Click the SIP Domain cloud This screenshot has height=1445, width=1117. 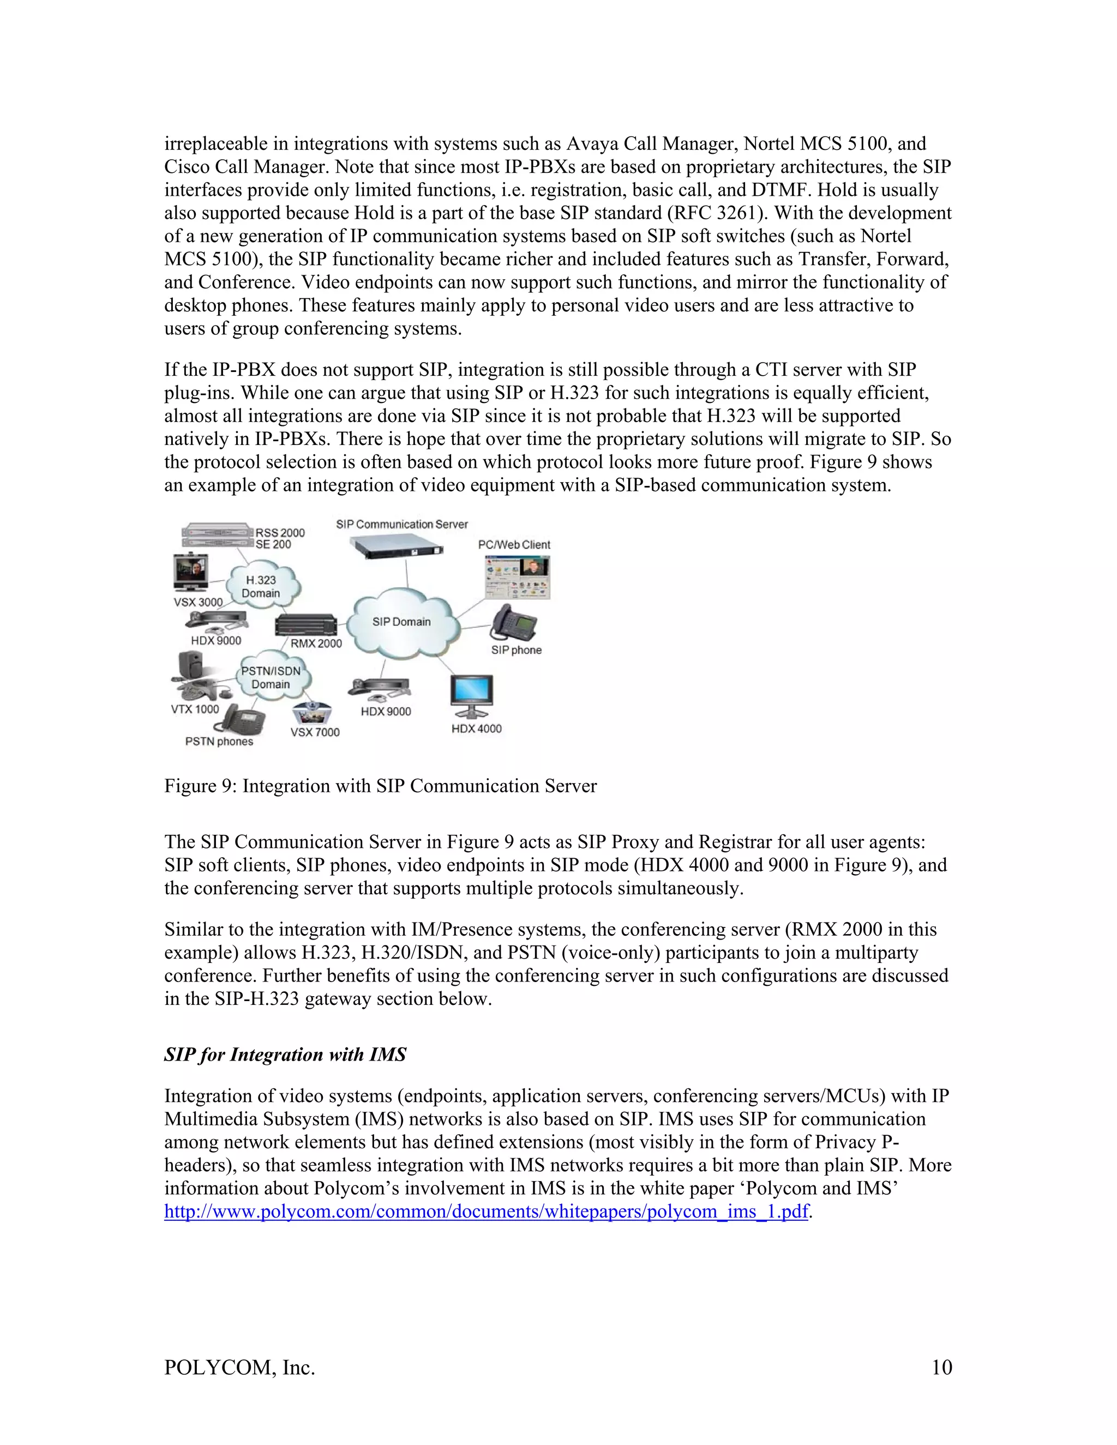[x=401, y=622]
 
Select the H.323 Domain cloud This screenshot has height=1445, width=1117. [x=261, y=586]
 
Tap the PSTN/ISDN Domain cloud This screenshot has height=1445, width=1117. [x=271, y=677]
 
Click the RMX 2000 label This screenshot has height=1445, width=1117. [x=316, y=643]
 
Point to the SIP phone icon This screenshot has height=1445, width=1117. [x=515, y=623]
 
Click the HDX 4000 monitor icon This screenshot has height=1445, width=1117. [x=471, y=695]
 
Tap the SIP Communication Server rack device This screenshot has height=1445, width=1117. [x=396, y=547]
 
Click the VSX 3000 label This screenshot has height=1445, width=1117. [x=198, y=602]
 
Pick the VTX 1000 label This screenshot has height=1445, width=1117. [x=195, y=709]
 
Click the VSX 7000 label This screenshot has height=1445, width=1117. [x=315, y=732]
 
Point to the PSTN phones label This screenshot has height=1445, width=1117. [x=219, y=742]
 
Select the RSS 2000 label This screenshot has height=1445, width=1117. [x=280, y=533]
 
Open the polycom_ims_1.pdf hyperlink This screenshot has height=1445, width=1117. [x=487, y=1212]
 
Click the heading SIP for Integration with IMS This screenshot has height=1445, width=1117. [x=285, y=1055]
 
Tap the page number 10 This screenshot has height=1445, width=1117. [x=941, y=1368]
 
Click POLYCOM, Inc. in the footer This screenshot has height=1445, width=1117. [x=239, y=1368]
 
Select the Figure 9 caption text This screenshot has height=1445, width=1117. [x=381, y=786]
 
